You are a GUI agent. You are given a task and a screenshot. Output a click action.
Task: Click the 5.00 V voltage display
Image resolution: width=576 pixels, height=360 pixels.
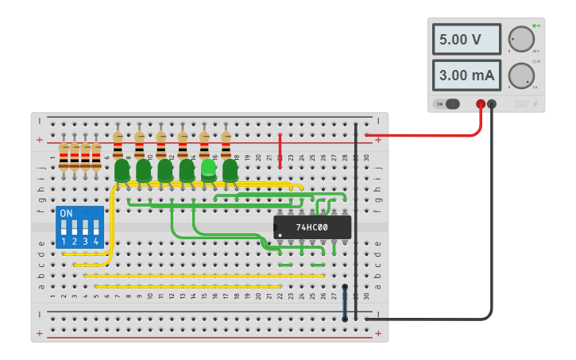tap(466, 39)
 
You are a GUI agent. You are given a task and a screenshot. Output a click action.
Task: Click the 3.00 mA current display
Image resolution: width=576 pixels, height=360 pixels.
tap(466, 76)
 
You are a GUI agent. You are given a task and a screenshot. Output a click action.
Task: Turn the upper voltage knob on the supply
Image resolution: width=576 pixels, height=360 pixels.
tap(521, 38)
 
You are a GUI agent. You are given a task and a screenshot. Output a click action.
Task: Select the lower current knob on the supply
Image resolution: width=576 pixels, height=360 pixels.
tap(521, 75)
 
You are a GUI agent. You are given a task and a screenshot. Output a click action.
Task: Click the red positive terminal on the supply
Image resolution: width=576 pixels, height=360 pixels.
tap(481, 104)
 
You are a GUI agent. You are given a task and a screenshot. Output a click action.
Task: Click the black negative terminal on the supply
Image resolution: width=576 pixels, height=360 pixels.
tap(492, 104)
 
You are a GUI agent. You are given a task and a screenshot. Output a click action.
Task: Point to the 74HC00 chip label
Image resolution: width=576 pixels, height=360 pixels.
tap(312, 227)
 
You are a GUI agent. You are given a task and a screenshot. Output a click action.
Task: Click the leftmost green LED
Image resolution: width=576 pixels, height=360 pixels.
tap(122, 170)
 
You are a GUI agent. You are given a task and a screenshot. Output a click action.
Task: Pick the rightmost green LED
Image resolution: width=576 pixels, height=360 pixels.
tap(230, 170)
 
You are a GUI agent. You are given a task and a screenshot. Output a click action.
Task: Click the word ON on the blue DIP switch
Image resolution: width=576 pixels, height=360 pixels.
tap(66, 214)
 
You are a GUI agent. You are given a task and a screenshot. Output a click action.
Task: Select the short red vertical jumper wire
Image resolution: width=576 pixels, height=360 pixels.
tap(280, 151)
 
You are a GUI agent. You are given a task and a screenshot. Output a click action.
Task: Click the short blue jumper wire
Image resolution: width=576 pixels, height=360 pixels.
tap(345, 303)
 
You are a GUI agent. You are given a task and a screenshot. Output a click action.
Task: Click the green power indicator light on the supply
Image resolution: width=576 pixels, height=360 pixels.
tap(534, 25)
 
